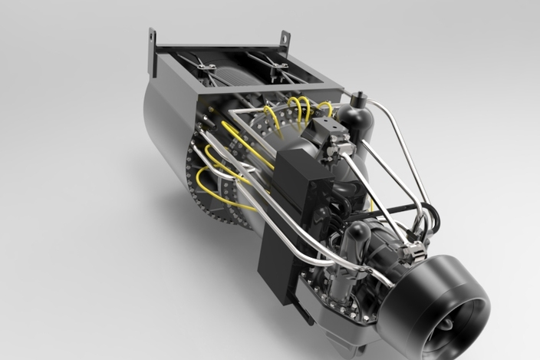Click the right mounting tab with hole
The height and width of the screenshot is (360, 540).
[x=285, y=38]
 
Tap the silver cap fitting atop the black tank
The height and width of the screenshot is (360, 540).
[x=357, y=97]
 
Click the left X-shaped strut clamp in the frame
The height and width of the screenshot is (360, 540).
[x=203, y=66]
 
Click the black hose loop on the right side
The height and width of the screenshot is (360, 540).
[x=430, y=219]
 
